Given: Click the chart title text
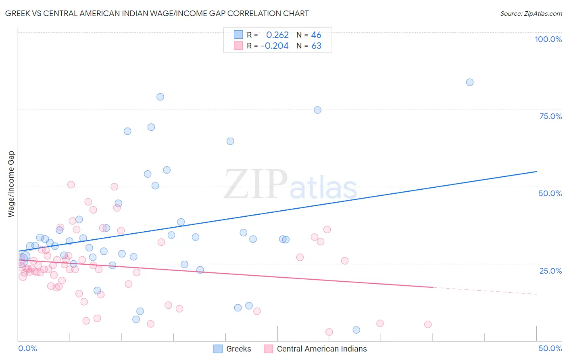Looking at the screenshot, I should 157,13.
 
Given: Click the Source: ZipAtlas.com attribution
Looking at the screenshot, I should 531,13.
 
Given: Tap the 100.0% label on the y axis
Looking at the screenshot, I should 548,39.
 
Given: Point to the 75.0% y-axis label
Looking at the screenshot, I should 550,116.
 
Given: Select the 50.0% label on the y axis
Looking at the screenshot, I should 550,193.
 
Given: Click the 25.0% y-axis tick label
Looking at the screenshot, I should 550,270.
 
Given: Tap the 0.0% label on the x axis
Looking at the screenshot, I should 27,348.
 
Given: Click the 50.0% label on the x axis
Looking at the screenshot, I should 550,348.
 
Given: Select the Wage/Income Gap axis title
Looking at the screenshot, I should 11,184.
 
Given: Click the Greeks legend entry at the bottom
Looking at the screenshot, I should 238,349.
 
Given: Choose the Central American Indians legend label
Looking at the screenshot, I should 321,349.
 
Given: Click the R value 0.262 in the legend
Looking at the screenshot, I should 277,35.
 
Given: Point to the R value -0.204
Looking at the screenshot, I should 275,46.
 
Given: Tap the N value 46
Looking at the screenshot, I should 316,35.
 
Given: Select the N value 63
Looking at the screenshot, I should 316,46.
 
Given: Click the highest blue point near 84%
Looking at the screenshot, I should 469,82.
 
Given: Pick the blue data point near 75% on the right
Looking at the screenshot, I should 317,110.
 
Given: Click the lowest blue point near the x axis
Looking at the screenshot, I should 356,330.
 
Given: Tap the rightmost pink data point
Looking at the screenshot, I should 428,324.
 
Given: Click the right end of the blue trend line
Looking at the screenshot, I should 536,172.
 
